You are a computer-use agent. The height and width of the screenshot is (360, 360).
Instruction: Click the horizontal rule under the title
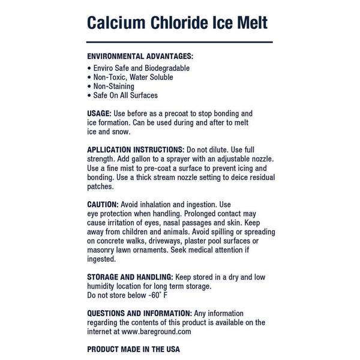[180, 42]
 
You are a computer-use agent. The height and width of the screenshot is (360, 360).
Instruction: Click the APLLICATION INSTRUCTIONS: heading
[136, 149]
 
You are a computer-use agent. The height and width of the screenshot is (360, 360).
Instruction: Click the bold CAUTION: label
[104, 204]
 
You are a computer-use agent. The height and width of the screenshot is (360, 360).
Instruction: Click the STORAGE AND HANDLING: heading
[130, 277]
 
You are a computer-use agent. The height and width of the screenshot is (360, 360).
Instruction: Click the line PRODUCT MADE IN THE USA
[134, 349]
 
